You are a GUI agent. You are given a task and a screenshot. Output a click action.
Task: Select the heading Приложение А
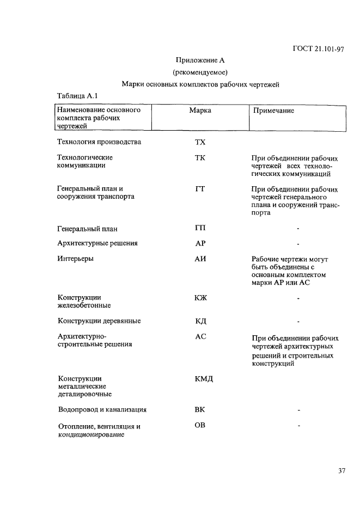[x=200, y=60]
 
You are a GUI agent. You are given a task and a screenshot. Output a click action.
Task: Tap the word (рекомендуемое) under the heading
[x=200, y=72]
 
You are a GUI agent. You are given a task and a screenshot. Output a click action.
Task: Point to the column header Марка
[x=200, y=111]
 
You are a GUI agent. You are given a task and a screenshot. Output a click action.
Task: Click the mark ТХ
[x=200, y=143]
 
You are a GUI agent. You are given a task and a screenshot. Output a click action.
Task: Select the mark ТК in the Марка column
[x=200, y=158]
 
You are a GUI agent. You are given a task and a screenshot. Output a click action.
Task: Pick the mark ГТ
[x=200, y=189]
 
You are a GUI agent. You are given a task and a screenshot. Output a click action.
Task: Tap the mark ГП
[x=200, y=228]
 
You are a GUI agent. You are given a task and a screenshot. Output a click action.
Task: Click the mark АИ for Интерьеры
[x=200, y=259]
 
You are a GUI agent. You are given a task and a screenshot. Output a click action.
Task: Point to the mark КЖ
[x=200, y=298]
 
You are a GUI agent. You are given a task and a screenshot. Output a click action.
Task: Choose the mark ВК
[x=200, y=410]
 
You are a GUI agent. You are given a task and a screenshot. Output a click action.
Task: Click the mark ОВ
[x=200, y=425]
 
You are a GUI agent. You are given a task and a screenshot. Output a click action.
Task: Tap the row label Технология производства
[x=99, y=143]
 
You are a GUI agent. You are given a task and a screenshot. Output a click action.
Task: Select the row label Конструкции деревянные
[x=99, y=321]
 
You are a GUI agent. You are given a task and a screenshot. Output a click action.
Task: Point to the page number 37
[x=341, y=471]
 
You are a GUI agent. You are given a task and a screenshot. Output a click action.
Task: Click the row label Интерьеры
[x=75, y=259]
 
